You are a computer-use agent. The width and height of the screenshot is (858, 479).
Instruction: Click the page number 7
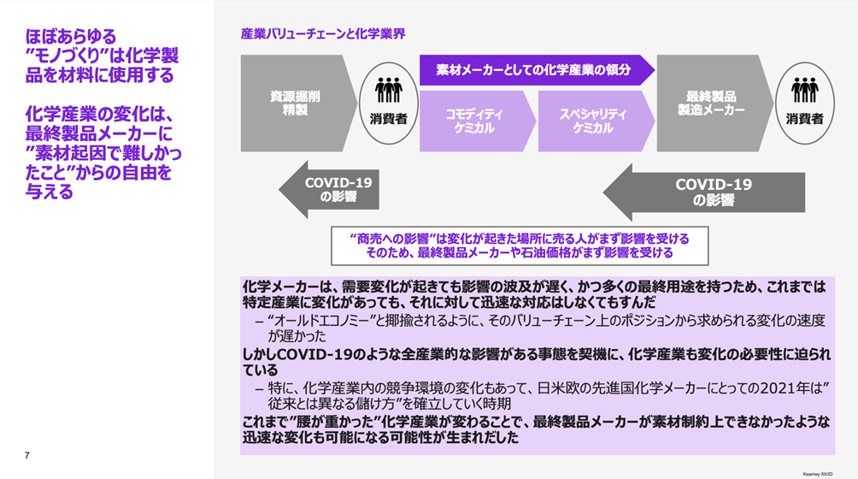27,455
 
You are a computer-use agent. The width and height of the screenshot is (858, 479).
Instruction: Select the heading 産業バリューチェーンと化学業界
322,34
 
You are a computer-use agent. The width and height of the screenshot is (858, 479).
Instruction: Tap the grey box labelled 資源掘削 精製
295,103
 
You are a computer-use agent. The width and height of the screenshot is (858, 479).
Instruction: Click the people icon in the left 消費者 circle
389,90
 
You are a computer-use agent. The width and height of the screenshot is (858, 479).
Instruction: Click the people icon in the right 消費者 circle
804,90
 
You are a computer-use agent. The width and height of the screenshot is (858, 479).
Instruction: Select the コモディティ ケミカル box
474,121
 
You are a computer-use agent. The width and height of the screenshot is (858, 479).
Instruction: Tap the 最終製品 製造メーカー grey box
711,103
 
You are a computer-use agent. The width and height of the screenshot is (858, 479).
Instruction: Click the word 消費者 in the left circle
389,119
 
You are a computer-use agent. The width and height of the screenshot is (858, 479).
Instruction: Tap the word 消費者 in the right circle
804,119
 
